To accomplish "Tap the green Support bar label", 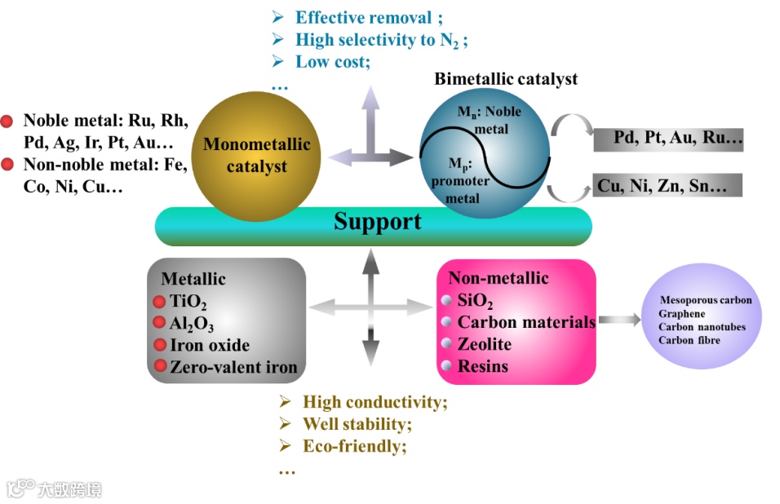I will point(378,222).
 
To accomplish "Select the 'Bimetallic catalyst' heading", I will point(506,79).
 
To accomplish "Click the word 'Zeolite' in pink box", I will point(485,344).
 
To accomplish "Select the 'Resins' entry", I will point(483,366).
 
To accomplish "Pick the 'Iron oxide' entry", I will point(210,345).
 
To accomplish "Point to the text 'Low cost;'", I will point(333,61).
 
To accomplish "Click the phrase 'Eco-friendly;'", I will point(355,446).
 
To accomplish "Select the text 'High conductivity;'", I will point(375,402).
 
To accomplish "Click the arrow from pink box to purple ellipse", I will point(620,321).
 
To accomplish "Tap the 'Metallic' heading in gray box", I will point(193,279).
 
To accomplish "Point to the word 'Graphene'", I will point(682,313).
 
